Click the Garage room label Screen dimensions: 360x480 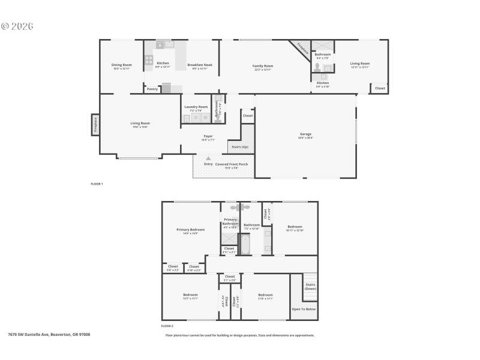click(x=306, y=134)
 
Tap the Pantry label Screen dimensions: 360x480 click(x=152, y=89)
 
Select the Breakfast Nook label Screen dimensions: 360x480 click(x=199, y=64)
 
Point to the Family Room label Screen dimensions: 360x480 click(x=263, y=65)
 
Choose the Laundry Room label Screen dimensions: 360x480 click(x=196, y=107)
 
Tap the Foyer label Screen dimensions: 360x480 click(x=208, y=136)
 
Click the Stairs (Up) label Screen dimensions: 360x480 click(x=240, y=146)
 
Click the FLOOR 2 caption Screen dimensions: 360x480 click(x=167, y=326)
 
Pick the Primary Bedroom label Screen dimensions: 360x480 click(x=190, y=230)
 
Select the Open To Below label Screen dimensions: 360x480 click(x=304, y=309)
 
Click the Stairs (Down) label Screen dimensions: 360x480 click(x=310, y=286)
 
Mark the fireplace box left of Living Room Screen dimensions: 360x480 click(x=95, y=124)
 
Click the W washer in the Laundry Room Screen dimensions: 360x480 click(x=205, y=118)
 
